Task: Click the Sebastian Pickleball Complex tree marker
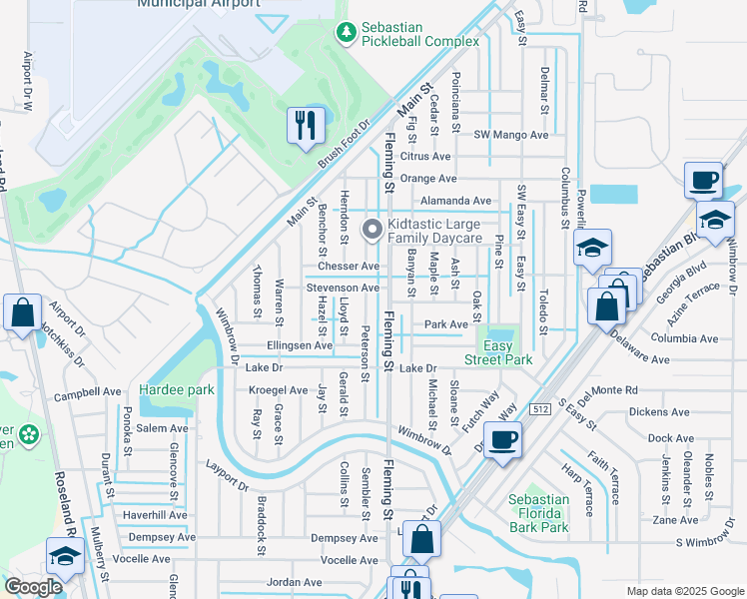click(x=347, y=34)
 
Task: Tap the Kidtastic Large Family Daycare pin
click(x=373, y=231)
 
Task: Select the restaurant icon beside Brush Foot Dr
click(x=306, y=126)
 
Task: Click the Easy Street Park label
click(x=498, y=352)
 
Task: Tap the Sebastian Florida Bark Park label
click(x=538, y=513)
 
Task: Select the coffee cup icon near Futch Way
click(x=503, y=439)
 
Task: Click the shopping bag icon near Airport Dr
click(x=22, y=312)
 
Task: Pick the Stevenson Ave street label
click(x=343, y=288)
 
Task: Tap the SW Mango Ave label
click(x=511, y=135)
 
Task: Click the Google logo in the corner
click(x=33, y=587)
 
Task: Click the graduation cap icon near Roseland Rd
click(x=64, y=557)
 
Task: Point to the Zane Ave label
click(x=675, y=520)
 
